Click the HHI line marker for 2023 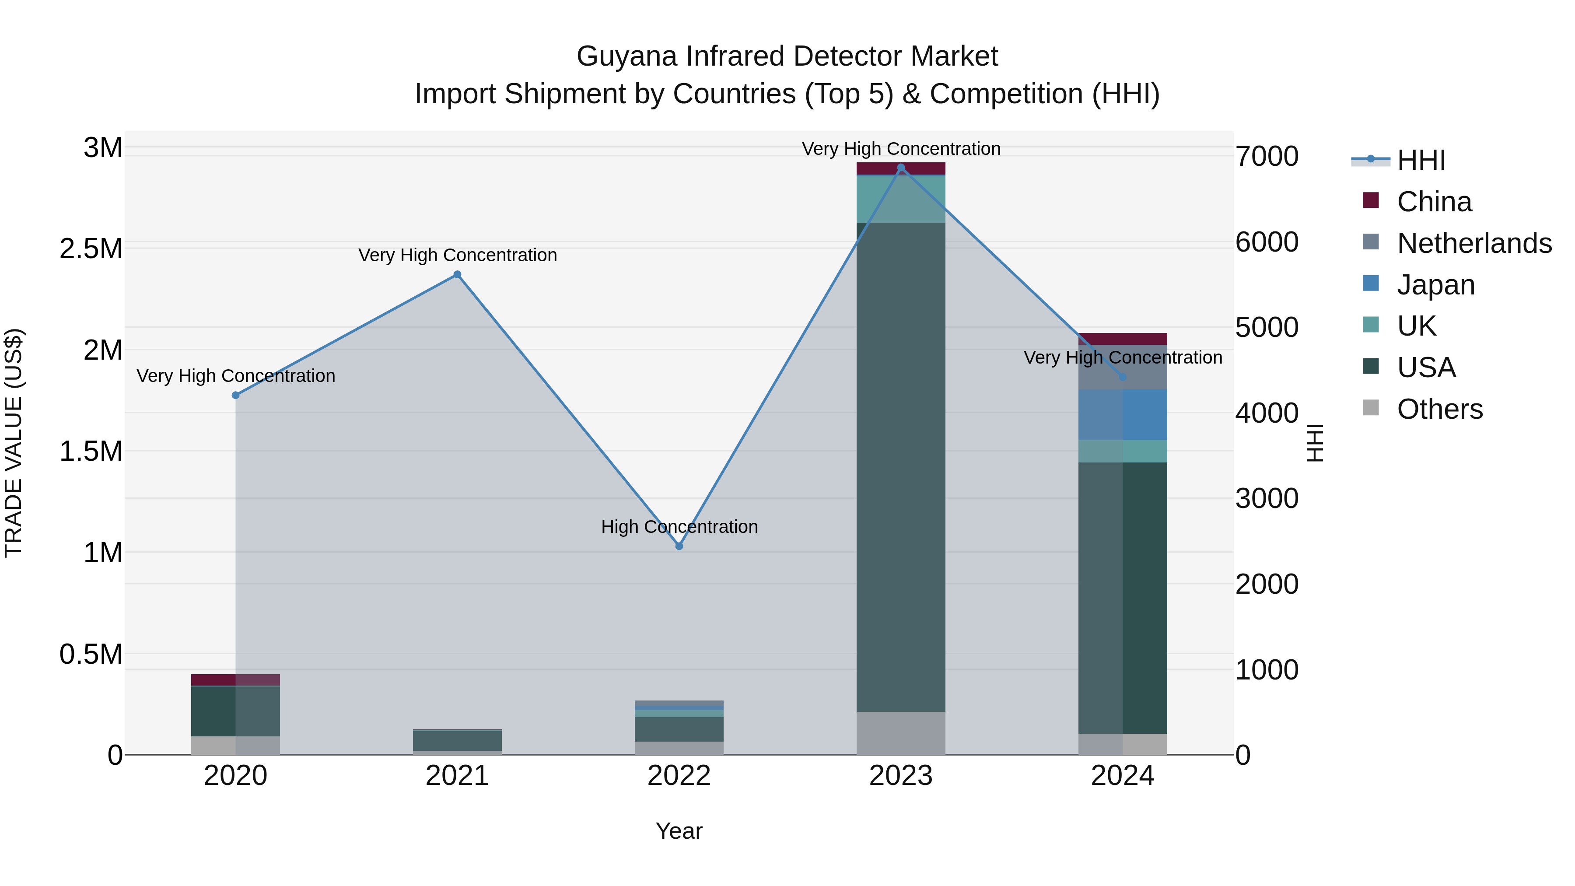[901, 168]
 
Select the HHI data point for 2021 [457, 274]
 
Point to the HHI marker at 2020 [235, 395]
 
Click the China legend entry [1434, 202]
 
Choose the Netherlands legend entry [1473, 243]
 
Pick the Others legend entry [1439, 409]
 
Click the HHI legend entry [1420, 160]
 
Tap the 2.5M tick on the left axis [91, 249]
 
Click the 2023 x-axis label [901, 776]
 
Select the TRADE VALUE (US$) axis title [14, 443]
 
